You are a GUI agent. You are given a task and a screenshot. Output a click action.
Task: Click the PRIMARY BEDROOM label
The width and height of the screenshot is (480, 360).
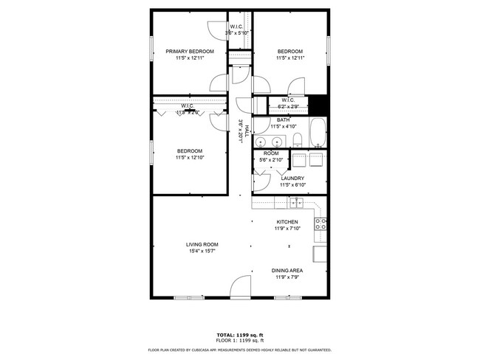(x=190, y=51)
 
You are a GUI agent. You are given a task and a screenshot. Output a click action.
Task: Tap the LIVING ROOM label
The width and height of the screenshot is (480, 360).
(x=202, y=244)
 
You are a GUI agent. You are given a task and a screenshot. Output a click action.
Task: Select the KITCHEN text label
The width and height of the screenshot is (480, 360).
(x=287, y=222)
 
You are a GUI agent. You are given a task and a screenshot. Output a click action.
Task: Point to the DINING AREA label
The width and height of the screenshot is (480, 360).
(x=289, y=271)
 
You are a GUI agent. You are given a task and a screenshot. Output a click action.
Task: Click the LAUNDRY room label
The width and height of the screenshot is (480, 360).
(x=293, y=178)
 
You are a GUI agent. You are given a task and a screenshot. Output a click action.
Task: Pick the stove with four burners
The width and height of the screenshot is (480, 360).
(x=321, y=224)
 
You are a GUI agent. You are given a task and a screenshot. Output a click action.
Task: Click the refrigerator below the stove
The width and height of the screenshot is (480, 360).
(x=320, y=254)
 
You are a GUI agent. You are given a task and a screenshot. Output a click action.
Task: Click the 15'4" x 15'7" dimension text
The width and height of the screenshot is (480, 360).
(x=202, y=252)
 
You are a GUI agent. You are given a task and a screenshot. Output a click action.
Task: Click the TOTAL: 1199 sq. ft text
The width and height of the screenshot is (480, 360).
(x=239, y=333)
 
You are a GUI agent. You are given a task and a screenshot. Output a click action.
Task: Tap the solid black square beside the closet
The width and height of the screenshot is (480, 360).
(x=317, y=105)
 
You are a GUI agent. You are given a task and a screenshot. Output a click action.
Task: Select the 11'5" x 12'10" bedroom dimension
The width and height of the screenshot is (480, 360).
(x=190, y=158)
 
